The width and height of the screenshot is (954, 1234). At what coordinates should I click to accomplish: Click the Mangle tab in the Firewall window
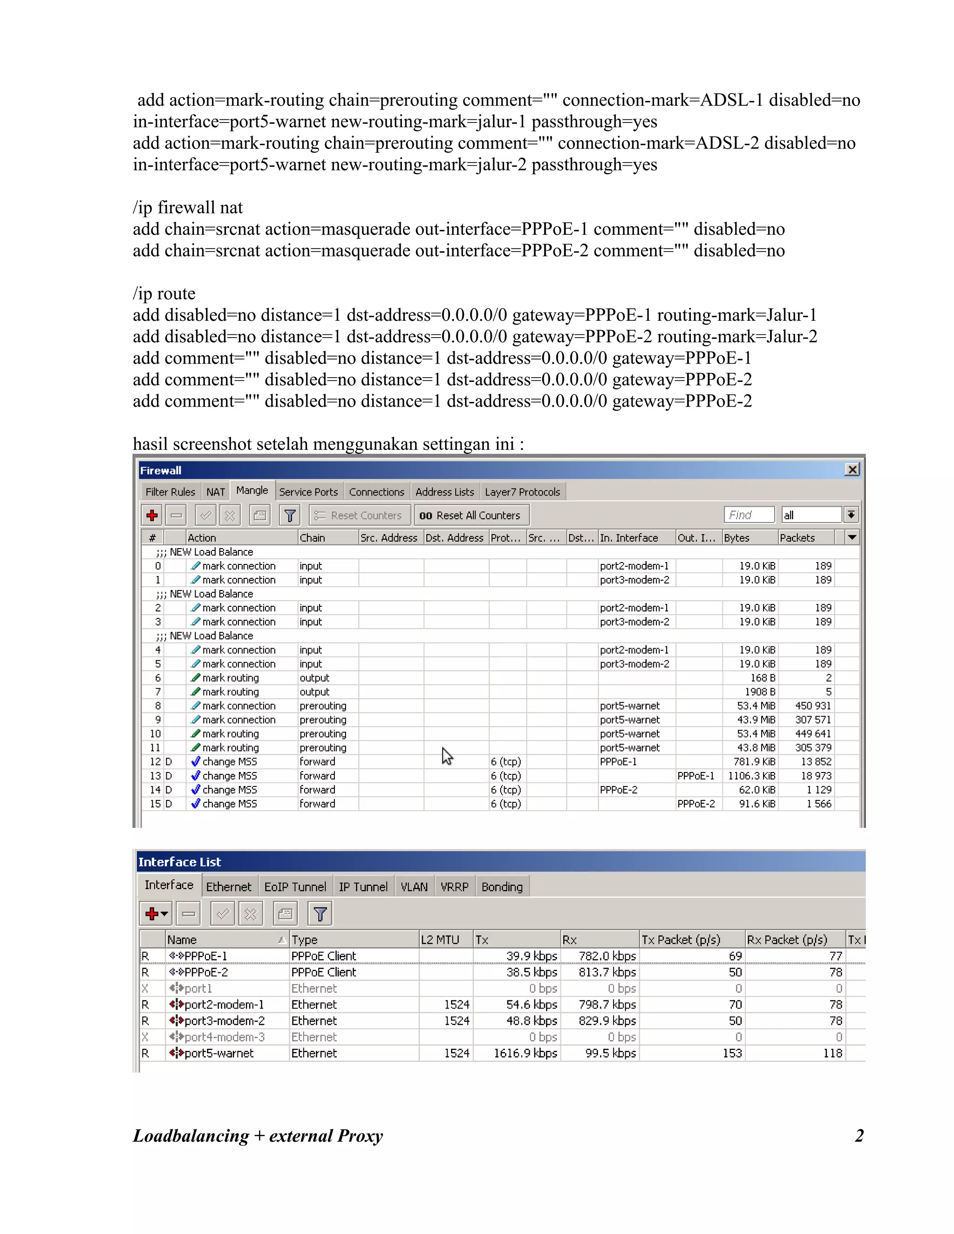pos(252,490)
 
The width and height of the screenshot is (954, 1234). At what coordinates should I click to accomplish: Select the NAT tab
pos(215,492)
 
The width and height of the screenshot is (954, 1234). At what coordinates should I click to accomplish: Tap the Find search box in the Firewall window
pos(748,515)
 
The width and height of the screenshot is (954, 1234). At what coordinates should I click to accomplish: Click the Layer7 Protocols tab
pos(522,492)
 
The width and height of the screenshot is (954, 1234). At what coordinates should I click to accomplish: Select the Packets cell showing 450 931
pos(813,705)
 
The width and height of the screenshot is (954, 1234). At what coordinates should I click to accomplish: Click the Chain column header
pos(312,538)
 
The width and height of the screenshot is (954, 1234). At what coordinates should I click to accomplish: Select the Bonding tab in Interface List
pos(502,887)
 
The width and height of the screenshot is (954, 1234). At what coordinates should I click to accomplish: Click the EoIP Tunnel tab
pos(295,887)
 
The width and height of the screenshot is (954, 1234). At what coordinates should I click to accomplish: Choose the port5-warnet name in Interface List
pos(219,1053)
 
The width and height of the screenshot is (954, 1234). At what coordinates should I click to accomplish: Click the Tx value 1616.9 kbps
pos(525,1053)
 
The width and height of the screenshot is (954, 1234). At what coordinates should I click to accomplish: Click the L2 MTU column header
pos(440,940)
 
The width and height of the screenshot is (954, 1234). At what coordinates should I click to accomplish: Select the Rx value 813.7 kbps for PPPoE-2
pos(607,972)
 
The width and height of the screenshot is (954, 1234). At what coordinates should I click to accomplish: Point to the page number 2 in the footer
pos(859,1136)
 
